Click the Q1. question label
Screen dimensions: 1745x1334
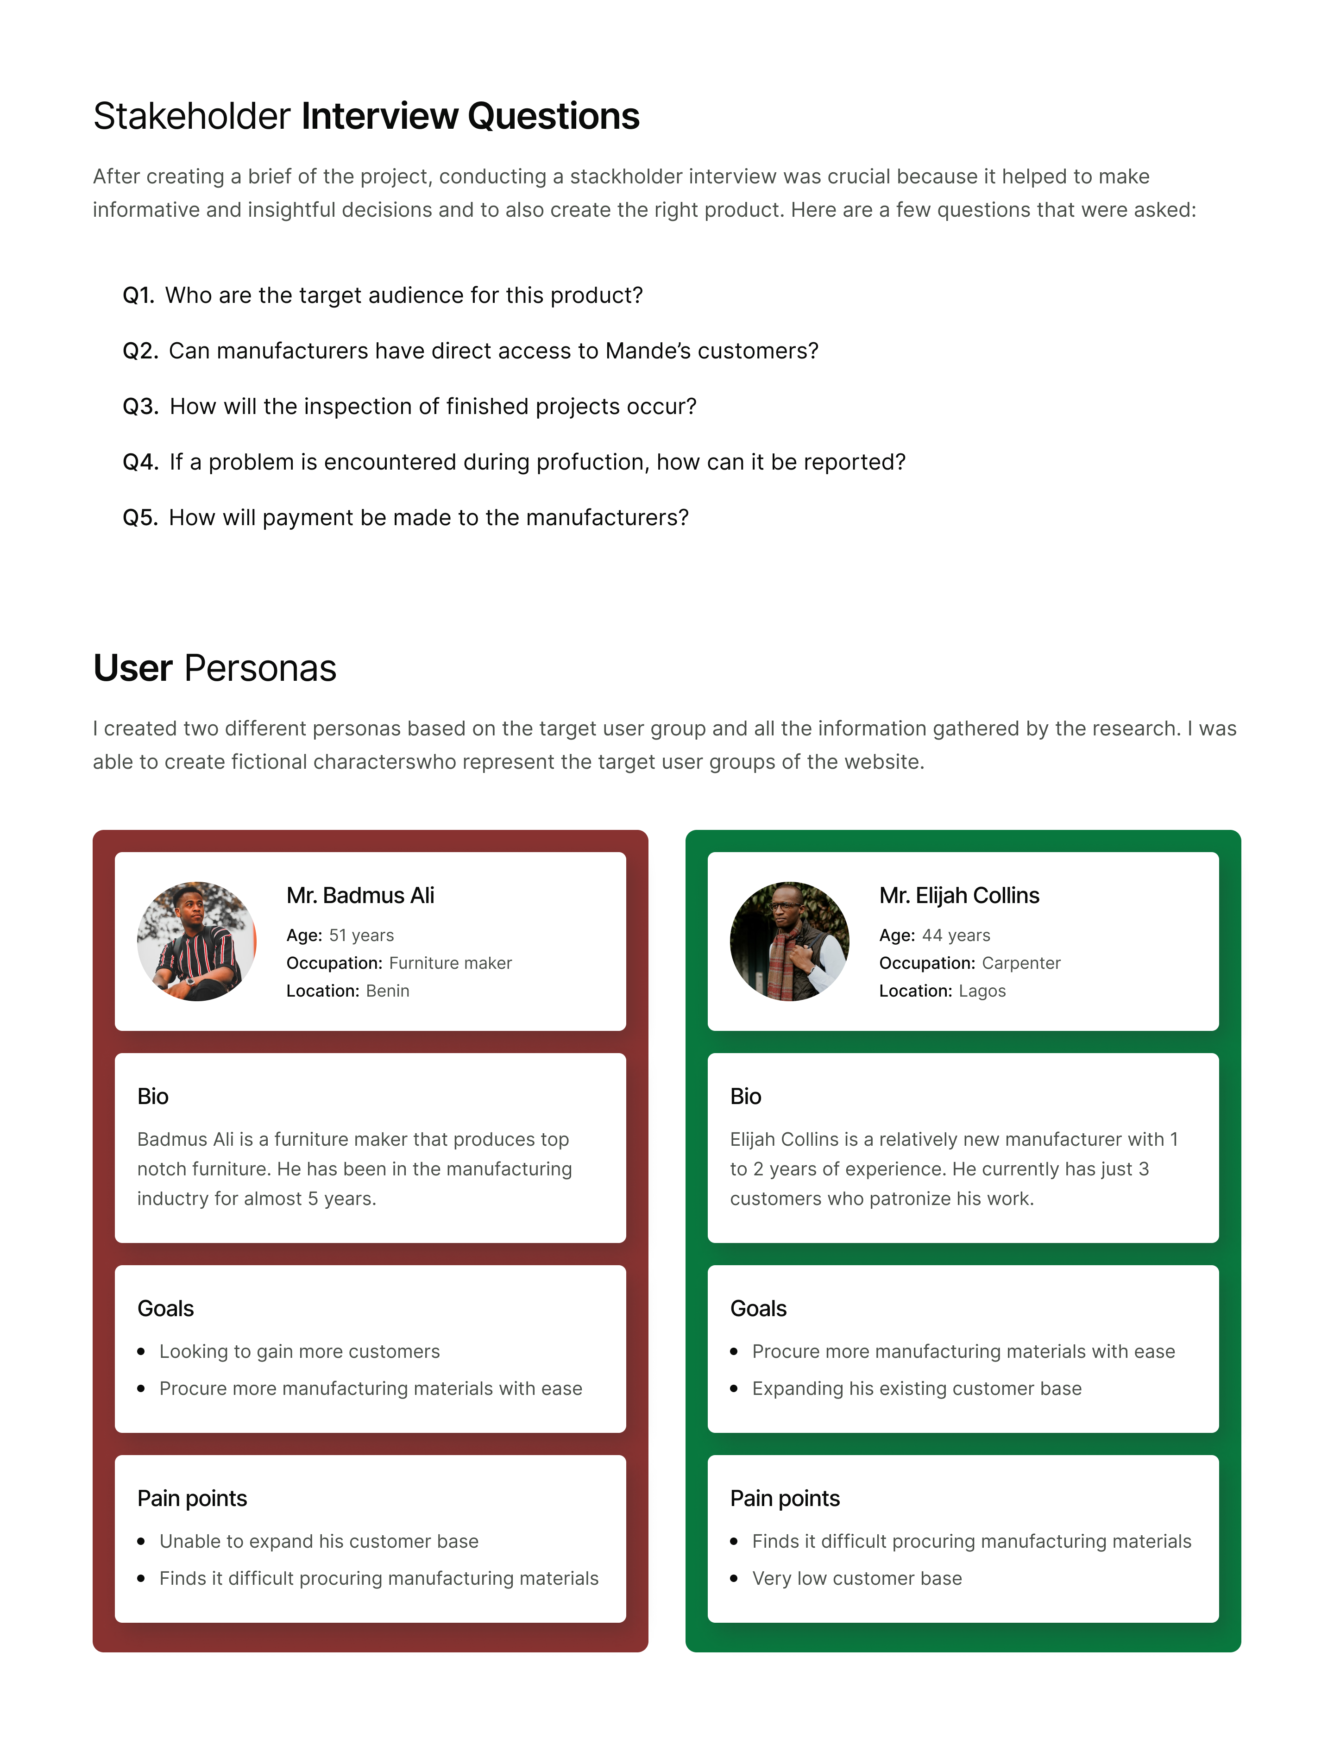pyautogui.click(x=138, y=295)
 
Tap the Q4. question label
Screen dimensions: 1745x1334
pyautogui.click(x=140, y=462)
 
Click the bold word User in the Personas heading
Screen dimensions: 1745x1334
pyautogui.click(x=132, y=668)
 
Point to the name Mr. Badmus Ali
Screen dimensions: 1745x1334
pyautogui.click(x=360, y=896)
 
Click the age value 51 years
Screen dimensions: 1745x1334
pyautogui.click(x=361, y=935)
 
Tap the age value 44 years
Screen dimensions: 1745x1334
pyautogui.click(x=956, y=935)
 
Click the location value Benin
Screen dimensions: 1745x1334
pyautogui.click(x=388, y=991)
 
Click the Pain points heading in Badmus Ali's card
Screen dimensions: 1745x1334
pyautogui.click(x=192, y=1498)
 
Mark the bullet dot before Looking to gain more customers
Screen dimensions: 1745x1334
pyautogui.click(x=141, y=1351)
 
